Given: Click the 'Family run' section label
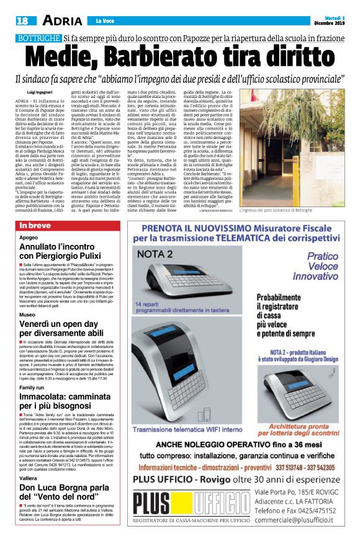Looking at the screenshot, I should tap(32, 388).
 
